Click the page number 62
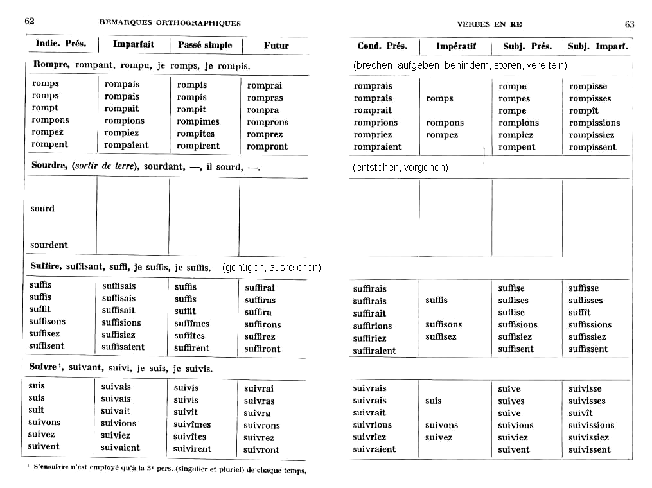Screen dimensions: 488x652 click(x=30, y=21)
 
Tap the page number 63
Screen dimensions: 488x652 click(x=630, y=24)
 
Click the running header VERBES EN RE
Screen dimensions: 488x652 click(x=489, y=24)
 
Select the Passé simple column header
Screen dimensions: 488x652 click(x=205, y=45)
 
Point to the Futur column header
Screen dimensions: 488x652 click(x=276, y=46)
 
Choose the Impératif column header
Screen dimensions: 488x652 click(x=455, y=46)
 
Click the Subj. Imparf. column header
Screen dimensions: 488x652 click(x=597, y=46)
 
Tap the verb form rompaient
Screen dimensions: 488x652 click(x=126, y=145)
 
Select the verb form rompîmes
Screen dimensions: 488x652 click(x=198, y=121)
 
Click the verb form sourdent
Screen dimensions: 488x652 click(x=49, y=245)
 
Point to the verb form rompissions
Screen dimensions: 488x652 click(x=594, y=123)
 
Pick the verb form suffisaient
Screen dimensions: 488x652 click(x=123, y=347)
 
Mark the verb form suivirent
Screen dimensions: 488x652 click(x=192, y=449)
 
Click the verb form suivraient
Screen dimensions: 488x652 click(x=374, y=449)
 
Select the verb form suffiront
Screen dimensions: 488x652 click(x=262, y=349)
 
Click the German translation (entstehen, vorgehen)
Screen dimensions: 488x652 click(x=400, y=168)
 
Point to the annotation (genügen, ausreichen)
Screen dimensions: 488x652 click(x=271, y=267)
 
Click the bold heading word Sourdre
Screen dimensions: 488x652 click(x=49, y=166)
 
